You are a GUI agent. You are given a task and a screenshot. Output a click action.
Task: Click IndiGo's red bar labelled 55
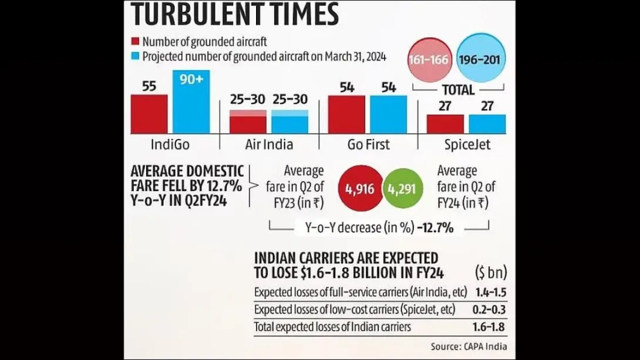tap(149, 114)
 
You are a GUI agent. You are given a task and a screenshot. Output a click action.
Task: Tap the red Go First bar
tap(346, 115)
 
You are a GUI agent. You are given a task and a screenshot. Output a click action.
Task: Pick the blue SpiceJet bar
tap(487, 124)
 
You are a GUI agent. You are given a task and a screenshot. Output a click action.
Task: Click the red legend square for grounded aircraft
tap(135, 42)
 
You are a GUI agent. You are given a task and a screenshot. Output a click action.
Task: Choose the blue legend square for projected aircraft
tap(135, 56)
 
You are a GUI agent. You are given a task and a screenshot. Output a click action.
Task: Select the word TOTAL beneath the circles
tap(458, 90)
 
